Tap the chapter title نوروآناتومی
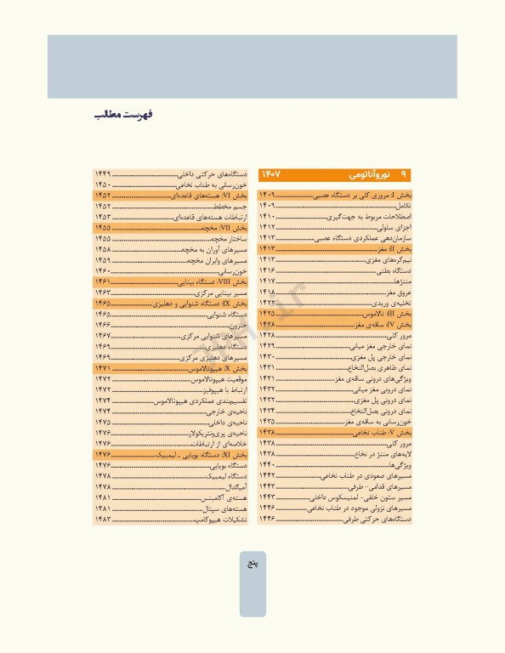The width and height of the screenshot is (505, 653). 369,174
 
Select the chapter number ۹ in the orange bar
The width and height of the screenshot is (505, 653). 403,174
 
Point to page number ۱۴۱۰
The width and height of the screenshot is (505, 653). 268,217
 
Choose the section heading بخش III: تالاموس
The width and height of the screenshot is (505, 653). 388,314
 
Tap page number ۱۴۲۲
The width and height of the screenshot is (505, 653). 268,303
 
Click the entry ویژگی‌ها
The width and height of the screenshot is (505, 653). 397,465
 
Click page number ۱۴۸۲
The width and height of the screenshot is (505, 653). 104,519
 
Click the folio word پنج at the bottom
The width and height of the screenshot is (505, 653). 252,565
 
